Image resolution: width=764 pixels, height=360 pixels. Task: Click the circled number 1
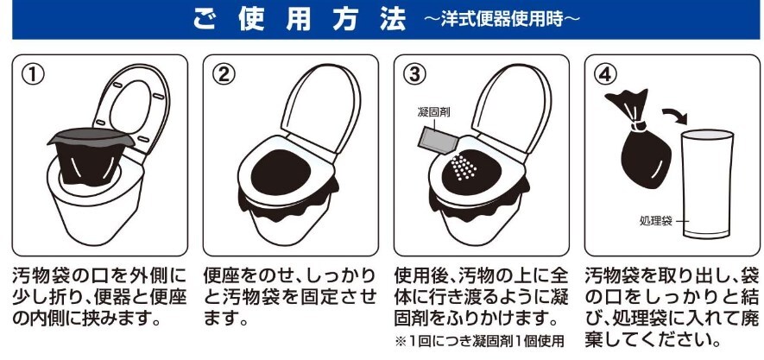point(33,74)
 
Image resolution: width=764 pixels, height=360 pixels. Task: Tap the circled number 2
point(224,74)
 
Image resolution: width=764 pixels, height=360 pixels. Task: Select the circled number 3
point(414,74)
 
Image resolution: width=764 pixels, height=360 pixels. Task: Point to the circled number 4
point(605,74)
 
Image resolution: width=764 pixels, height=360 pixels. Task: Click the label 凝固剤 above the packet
point(433,112)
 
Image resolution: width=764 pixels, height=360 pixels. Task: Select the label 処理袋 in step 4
point(656,221)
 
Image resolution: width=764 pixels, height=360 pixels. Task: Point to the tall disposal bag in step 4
point(706,184)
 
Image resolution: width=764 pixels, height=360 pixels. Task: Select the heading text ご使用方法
point(300,20)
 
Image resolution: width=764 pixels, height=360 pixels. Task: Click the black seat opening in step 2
point(281,172)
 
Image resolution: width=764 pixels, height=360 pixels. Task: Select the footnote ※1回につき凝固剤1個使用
point(479,341)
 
